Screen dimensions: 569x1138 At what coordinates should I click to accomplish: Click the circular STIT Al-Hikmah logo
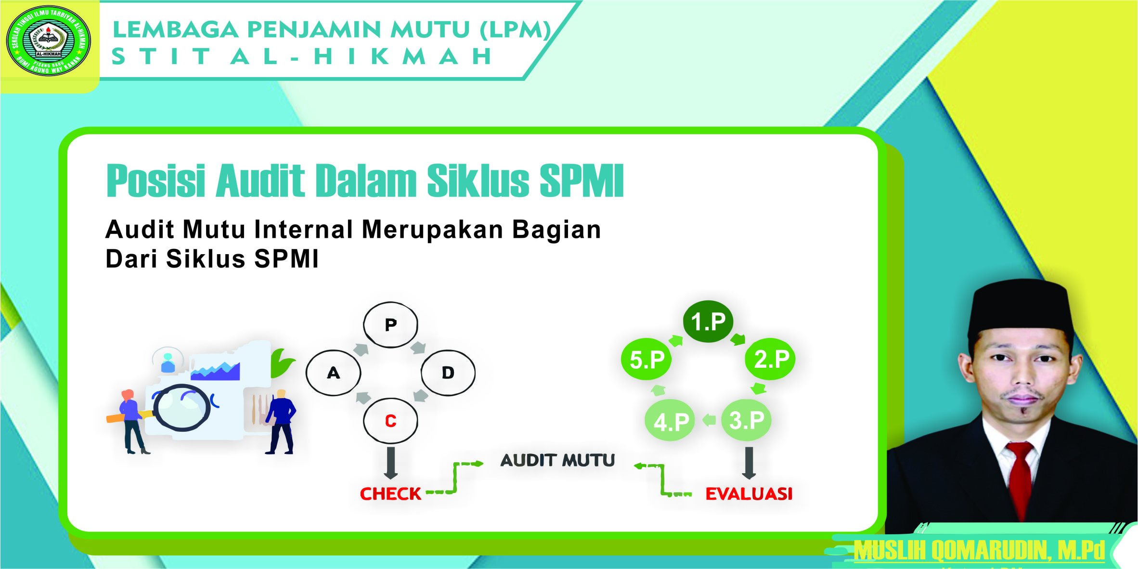coord(48,40)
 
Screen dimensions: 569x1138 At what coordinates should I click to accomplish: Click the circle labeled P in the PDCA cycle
coord(390,325)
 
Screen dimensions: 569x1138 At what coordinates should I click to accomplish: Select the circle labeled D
coord(448,373)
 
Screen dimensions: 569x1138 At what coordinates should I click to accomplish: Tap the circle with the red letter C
coord(390,421)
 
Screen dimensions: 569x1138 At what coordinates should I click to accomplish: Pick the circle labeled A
coord(333,373)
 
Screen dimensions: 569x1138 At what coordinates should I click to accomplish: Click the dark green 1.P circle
coord(708,322)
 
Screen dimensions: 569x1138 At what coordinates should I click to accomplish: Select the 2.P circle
coord(771,359)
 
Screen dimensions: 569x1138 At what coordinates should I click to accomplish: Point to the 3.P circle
coord(746,420)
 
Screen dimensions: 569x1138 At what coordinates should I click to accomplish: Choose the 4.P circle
coord(671,421)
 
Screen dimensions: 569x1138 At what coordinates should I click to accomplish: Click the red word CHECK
coord(390,494)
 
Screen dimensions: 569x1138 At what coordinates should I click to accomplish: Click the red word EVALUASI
coord(749,494)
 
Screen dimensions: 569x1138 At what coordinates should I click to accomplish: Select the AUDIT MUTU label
coord(557,461)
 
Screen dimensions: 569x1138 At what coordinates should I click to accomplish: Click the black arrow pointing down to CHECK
coord(391,463)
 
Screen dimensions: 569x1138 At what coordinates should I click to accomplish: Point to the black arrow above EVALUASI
coord(749,463)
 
